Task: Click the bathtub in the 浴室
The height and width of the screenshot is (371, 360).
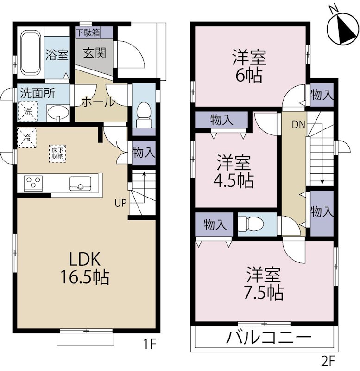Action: [31, 52]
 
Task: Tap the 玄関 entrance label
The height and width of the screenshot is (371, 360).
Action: [95, 53]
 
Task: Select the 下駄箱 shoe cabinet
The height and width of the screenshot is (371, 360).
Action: [88, 32]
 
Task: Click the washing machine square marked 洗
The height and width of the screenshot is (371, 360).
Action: [28, 111]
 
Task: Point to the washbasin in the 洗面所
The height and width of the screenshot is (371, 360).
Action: [58, 113]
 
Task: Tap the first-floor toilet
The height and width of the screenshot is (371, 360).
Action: [144, 115]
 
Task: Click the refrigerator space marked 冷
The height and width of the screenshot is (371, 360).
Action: [27, 137]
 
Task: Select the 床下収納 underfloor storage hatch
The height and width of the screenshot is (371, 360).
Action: [57, 154]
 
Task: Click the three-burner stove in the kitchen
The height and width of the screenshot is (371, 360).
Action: [33, 183]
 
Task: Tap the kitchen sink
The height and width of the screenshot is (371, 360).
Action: [80, 183]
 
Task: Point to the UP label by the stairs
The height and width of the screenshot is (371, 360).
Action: [121, 203]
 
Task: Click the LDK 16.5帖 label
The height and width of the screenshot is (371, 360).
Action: [85, 268]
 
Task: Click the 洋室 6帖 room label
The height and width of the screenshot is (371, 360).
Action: [249, 65]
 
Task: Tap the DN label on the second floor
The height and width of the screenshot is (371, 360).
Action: [298, 124]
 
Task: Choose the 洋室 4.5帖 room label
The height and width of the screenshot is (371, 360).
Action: [234, 171]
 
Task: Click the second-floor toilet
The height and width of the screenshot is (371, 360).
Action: [250, 224]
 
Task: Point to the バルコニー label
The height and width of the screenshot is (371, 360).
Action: [268, 337]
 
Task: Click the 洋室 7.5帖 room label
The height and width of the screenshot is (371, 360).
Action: [264, 283]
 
